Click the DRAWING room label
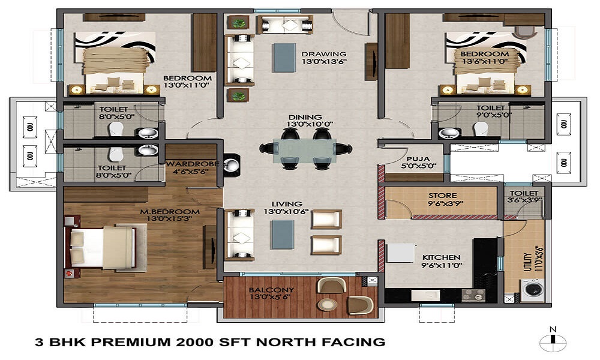[x=324, y=54]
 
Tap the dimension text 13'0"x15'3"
[x=169, y=219]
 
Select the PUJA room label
[x=418, y=159]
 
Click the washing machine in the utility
[x=533, y=290]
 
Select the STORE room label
[x=442, y=196]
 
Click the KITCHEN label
[x=441, y=257]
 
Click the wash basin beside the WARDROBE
[x=232, y=165]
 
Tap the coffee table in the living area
[x=283, y=235]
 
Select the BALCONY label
[x=271, y=290]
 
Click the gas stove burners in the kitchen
[x=473, y=295]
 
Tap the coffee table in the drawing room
[x=284, y=58]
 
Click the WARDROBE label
[x=192, y=164]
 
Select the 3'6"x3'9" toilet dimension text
[x=524, y=200]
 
